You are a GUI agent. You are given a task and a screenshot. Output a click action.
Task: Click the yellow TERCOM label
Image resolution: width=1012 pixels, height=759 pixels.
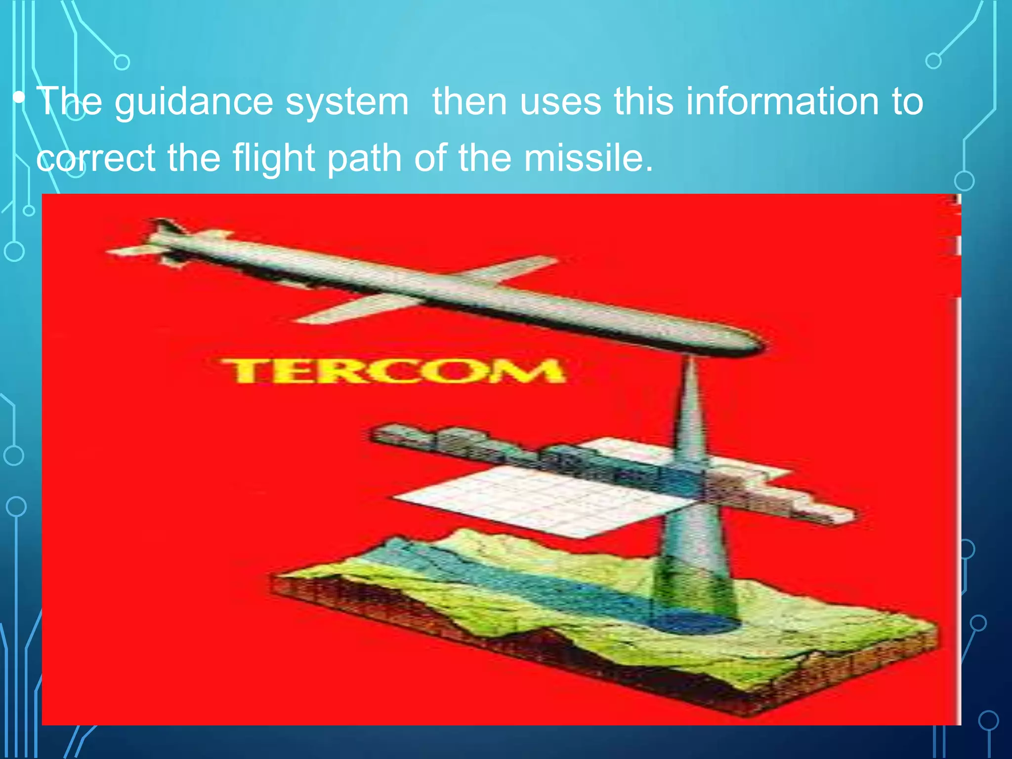click(x=393, y=371)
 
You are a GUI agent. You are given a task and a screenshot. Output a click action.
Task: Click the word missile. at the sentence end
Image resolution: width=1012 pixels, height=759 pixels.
click(x=589, y=158)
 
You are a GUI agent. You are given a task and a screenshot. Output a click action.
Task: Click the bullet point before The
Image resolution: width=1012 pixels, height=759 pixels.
click(x=19, y=97)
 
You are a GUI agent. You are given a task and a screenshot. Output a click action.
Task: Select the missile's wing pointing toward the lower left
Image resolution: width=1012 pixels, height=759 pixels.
click(x=346, y=309)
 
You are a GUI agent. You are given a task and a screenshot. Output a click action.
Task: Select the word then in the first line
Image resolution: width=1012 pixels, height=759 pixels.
click(x=470, y=102)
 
